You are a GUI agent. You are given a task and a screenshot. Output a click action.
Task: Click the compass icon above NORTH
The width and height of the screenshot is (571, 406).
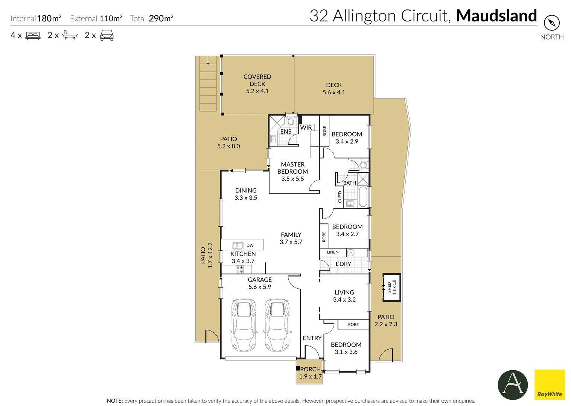pos(552,23)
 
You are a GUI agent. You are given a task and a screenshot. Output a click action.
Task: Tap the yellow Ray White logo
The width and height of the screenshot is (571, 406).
pos(550,385)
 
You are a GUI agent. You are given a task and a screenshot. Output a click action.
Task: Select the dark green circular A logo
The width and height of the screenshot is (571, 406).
pos(513,385)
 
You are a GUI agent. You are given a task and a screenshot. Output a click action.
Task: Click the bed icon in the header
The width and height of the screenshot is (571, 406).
pos(33,35)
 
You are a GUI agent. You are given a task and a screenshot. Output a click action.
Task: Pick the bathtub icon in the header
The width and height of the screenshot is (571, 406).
pos(70,35)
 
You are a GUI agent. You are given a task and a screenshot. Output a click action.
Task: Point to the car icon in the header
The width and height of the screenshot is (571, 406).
pos(107,35)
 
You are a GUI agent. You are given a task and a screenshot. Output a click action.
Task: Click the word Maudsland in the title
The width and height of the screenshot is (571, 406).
pos(496,15)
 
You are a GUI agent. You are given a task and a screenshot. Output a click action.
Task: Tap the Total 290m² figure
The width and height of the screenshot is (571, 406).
pos(152,18)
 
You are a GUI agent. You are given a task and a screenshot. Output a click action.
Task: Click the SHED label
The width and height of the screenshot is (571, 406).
pos(389,287)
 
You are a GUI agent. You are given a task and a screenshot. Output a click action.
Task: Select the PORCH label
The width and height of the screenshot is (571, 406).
pos(310,369)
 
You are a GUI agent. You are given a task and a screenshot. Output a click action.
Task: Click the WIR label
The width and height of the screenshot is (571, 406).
pos(306,127)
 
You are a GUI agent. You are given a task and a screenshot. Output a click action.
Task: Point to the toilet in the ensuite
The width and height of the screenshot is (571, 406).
pos(291,121)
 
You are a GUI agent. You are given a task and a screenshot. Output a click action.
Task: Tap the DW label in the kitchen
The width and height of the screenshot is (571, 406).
pos(250,245)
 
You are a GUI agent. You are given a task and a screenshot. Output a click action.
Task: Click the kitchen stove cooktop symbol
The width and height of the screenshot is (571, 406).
pos(240,269)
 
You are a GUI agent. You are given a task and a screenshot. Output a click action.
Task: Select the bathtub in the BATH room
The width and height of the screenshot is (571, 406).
pos(363,197)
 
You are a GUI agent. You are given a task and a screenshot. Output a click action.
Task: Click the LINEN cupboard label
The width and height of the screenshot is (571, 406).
pos(333,252)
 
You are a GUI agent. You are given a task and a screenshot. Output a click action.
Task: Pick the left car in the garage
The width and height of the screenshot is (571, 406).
pos(244,325)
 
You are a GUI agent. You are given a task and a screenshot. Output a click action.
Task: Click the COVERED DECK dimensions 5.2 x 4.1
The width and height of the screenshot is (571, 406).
pos(257,91)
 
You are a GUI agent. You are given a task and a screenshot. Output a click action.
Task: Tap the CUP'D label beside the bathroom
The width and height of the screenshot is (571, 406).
pos(340,197)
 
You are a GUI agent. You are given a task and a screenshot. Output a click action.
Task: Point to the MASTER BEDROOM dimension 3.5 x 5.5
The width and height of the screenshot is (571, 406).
pos(292,179)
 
